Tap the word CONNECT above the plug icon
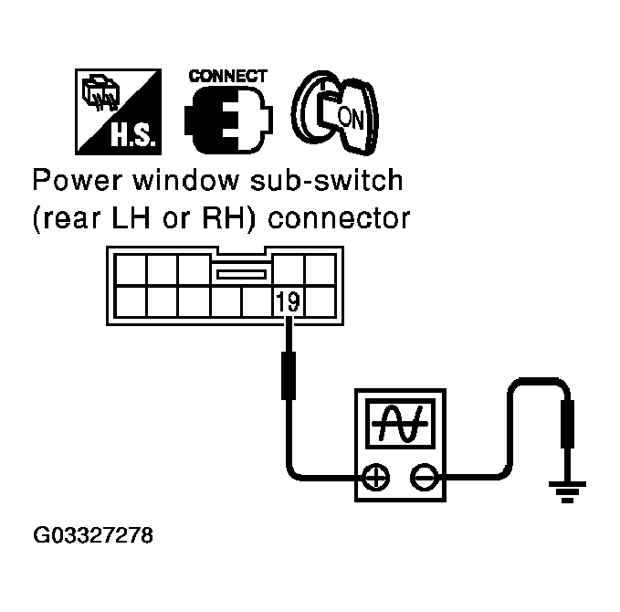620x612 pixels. tap(227, 76)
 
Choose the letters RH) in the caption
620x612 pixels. tap(236, 220)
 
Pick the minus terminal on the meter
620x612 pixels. tap(423, 477)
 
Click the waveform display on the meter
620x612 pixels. tap(399, 425)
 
